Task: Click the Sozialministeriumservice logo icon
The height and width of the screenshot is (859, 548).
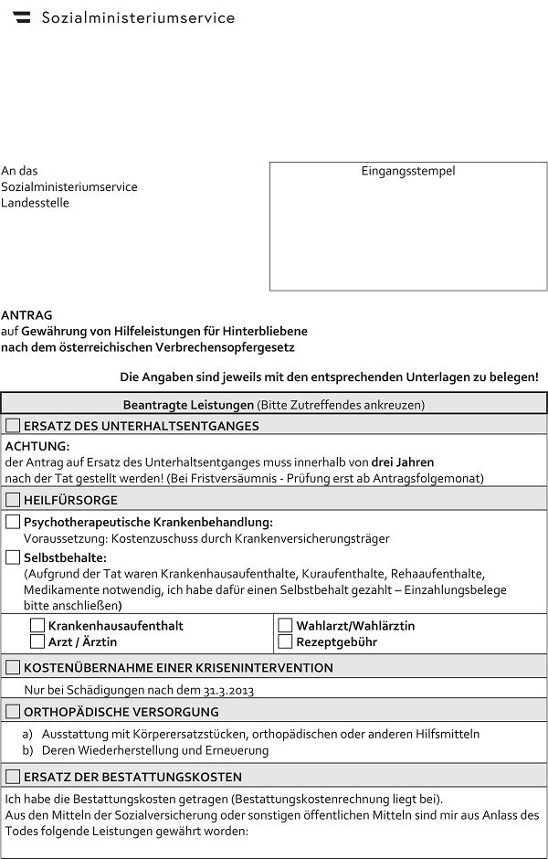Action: coord(21,17)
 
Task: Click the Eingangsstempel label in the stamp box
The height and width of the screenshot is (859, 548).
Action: coord(407,171)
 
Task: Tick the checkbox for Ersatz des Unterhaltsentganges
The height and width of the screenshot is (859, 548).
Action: coord(13,425)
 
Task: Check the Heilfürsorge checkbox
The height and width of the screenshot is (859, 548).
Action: coord(13,500)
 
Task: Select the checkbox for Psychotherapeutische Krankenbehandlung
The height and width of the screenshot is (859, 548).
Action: coord(13,522)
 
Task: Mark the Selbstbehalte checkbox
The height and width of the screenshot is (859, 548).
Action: coord(13,557)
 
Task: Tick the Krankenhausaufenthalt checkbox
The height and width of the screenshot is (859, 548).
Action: coord(37,625)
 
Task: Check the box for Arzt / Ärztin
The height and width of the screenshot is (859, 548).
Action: coord(37,642)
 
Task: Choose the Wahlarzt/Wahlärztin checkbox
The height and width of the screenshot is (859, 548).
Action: coord(285,625)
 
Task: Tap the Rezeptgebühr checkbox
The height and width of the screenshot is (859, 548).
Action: coord(285,642)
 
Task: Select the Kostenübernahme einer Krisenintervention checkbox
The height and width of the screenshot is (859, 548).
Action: coord(13,667)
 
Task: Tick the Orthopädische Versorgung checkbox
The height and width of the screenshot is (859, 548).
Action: coord(13,711)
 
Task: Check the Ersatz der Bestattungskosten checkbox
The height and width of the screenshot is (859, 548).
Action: coord(13,777)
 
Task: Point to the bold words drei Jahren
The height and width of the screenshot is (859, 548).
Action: coord(403,461)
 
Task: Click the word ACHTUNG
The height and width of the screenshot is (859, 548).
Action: coord(37,446)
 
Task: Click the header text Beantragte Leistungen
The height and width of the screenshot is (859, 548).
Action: coord(188,404)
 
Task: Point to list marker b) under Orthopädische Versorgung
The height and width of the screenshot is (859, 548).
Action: coord(27,750)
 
